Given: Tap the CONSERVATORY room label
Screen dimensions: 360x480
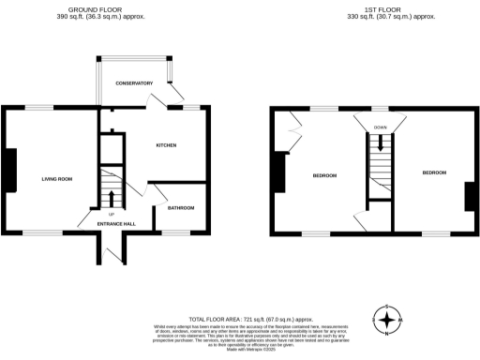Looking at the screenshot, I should click(x=134, y=83).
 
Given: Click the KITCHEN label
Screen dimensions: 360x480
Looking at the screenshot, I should click(x=166, y=145).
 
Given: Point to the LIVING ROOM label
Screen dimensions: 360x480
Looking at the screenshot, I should click(x=56, y=178).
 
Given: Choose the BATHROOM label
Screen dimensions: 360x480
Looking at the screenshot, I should click(x=180, y=208).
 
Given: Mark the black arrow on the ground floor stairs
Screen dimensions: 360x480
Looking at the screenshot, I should click(x=112, y=198).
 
